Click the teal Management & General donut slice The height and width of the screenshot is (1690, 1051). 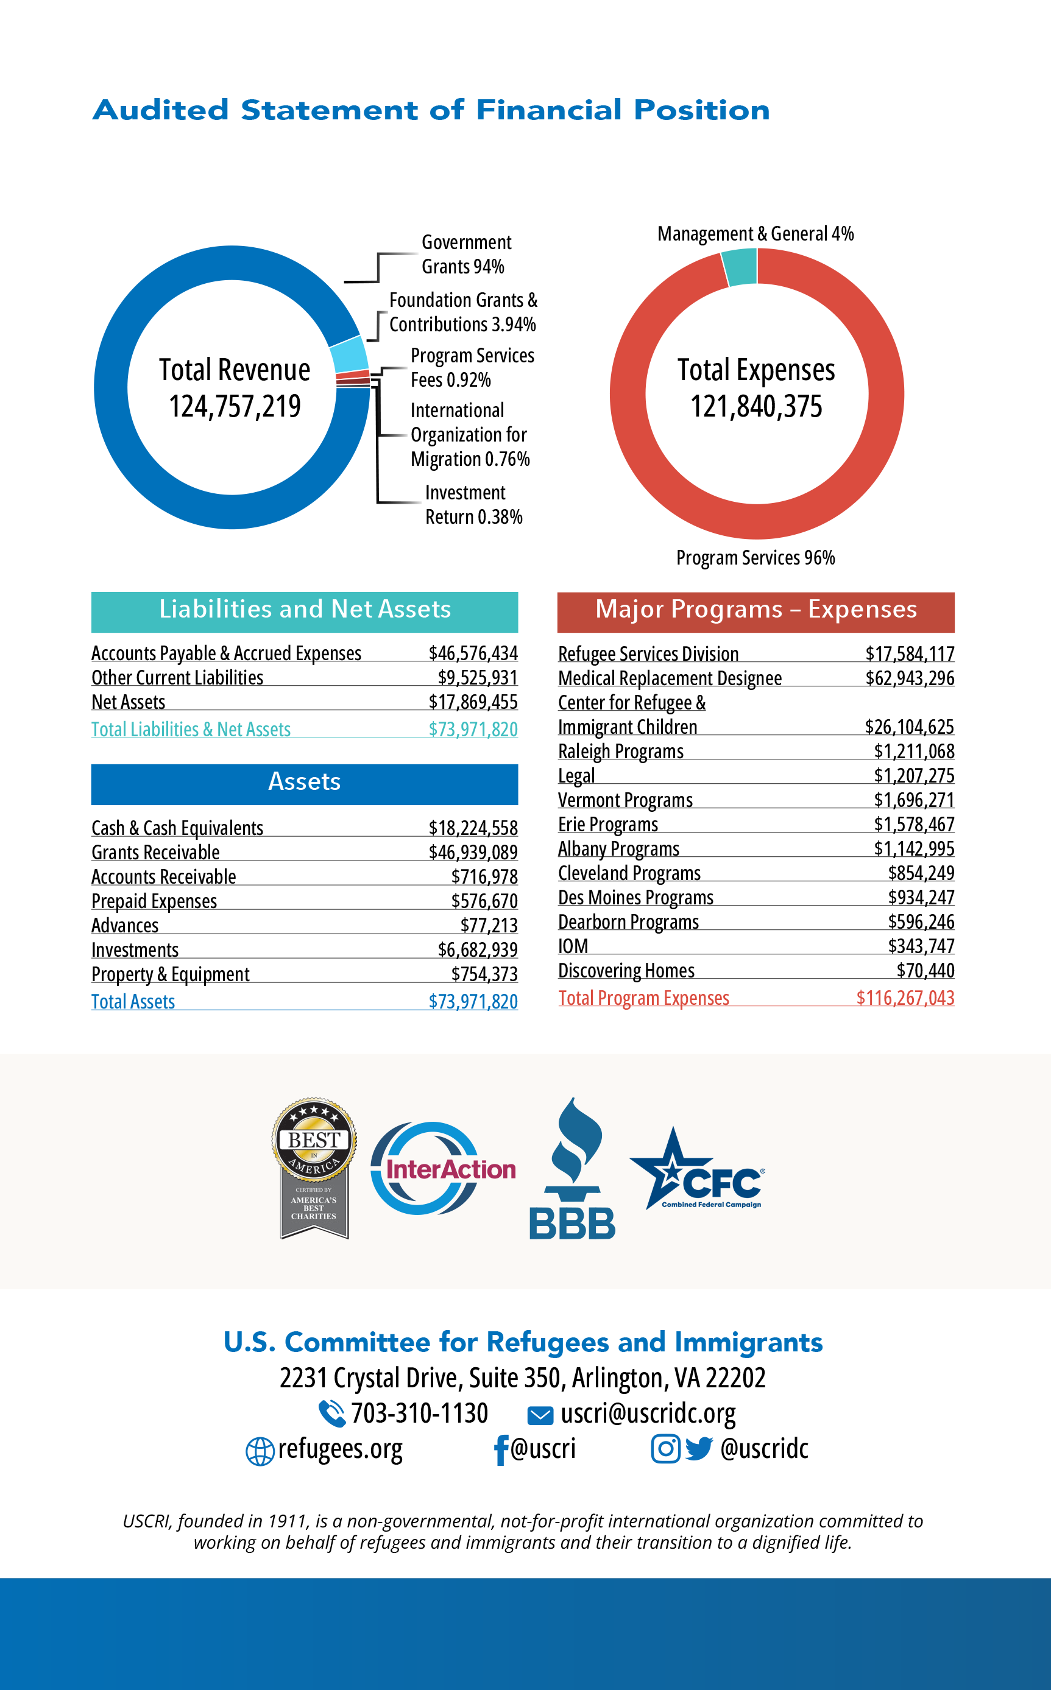point(740,267)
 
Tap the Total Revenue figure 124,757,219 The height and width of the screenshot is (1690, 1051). point(235,406)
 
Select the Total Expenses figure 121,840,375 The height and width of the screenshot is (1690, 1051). point(756,406)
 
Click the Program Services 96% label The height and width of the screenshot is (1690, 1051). point(756,558)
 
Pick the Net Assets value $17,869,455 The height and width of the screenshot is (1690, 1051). point(473,702)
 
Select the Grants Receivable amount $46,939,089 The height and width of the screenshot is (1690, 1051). point(473,852)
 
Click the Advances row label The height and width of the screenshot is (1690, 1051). point(125,926)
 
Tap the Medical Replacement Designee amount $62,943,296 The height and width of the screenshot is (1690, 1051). point(909,678)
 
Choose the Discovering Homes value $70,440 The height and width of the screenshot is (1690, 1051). point(925,970)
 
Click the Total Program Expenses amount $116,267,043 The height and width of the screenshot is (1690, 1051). point(905,998)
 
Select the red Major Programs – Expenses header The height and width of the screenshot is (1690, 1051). point(756,611)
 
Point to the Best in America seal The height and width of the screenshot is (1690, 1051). point(314,1167)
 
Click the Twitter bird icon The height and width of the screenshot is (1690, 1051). point(699,1448)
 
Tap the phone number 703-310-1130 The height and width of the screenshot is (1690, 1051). point(419,1414)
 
